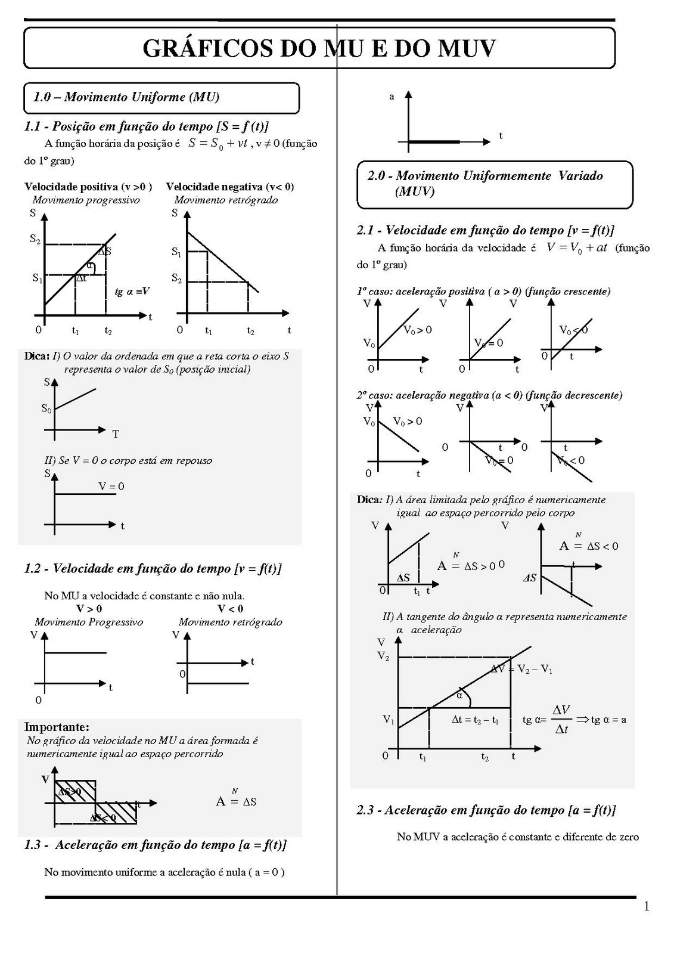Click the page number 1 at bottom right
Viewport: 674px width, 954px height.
click(x=647, y=907)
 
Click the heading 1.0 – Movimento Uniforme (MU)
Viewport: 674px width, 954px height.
click(x=126, y=97)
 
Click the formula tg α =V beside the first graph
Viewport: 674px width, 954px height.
click(x=132, y=292)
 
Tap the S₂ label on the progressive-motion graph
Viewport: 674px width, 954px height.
click(x=36, y=239)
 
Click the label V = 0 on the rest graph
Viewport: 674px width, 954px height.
click(x=111, y=487)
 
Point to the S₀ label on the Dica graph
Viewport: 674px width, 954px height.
click(x=46, y=408)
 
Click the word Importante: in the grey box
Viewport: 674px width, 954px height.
click(x=57, y=727)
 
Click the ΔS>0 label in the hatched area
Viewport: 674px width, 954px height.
click(x=70, y=792)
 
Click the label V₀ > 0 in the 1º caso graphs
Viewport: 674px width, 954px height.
click(x=418, y=330)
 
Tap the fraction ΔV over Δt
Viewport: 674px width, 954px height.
click(x=561, y=719)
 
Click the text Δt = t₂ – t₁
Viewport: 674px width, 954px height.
click(x=475, y=720)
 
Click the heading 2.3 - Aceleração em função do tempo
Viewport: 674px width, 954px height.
click(x=486, y=810)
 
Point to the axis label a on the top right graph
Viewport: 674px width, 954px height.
click(x=392, y=97)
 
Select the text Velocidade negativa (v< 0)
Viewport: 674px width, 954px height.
click(x=229, y=187)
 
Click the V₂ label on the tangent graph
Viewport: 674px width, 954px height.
click(x=383, y=656)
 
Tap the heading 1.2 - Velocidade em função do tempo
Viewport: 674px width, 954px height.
click(x=153, y=568)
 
